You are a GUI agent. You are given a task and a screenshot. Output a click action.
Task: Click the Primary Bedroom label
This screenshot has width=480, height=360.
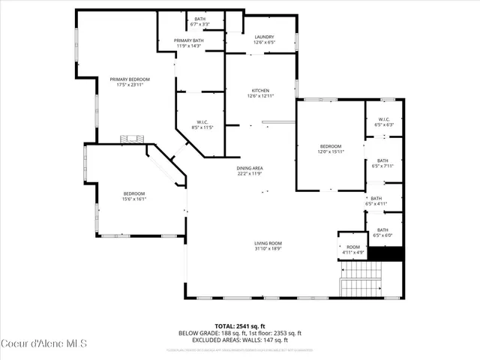130,79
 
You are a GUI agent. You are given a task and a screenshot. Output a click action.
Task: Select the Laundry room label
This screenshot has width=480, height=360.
263,37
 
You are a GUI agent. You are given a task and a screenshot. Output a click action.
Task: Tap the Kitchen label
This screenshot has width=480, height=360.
260,91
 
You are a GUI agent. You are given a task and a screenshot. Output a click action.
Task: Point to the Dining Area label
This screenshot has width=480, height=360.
250,168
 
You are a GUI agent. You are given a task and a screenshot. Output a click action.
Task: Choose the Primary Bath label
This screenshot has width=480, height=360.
189,40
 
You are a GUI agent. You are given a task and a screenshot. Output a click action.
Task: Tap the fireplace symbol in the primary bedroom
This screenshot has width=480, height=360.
133,138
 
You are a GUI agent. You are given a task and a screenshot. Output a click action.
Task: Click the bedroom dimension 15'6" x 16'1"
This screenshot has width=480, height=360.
134,199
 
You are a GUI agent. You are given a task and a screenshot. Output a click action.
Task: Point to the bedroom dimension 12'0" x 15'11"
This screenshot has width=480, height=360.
331,152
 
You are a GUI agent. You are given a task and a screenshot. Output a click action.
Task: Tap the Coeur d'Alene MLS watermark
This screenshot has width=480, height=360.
44,343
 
